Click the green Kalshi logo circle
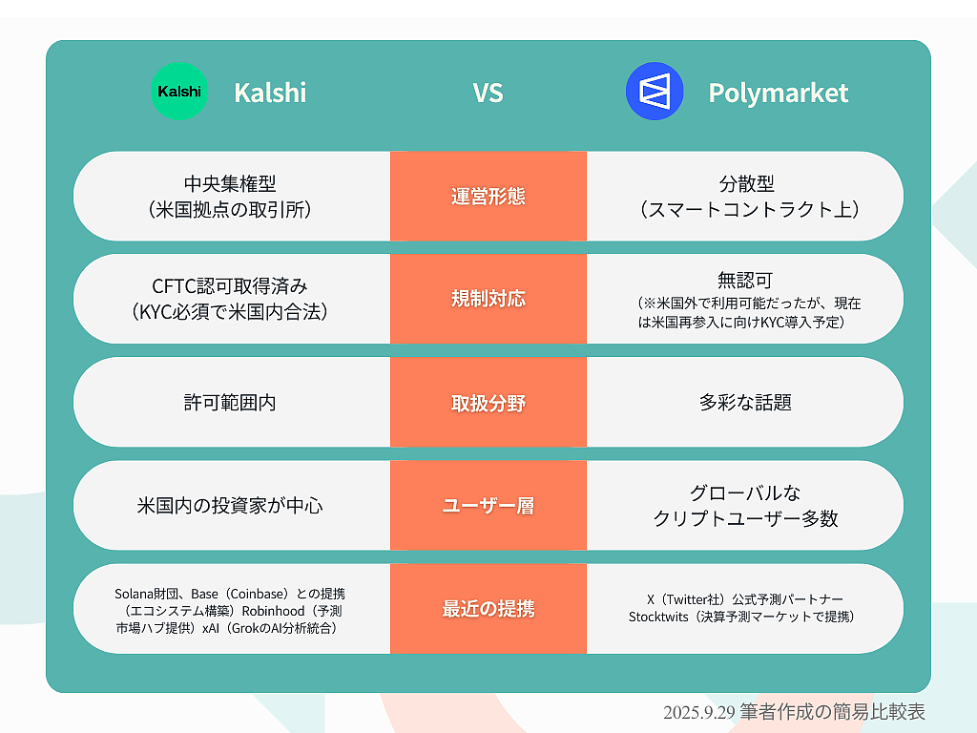(x=179, y=91)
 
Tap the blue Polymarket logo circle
(x=655, y=91)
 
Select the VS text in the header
(x=488, y=93)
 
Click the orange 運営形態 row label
(x=488, y=197)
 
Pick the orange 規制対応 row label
(x=488, y=299)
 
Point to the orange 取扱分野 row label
(x=488, y=403)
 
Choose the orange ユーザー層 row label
(x=488, y=506)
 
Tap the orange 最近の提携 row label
(x=488, y=608)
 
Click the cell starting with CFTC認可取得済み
(x=230, y=299)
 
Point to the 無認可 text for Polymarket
(x=745, y=281)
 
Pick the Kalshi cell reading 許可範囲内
(x=230, y=403)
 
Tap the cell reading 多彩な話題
(x=745, y=403)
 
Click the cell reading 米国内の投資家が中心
(x=230, y=506)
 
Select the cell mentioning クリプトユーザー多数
(x=745, y=506)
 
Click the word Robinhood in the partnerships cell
(x=273, y=611)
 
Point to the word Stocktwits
(x=658, y=617)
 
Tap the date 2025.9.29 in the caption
(x=699, y=712)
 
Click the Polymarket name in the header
(x=779, y=94)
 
